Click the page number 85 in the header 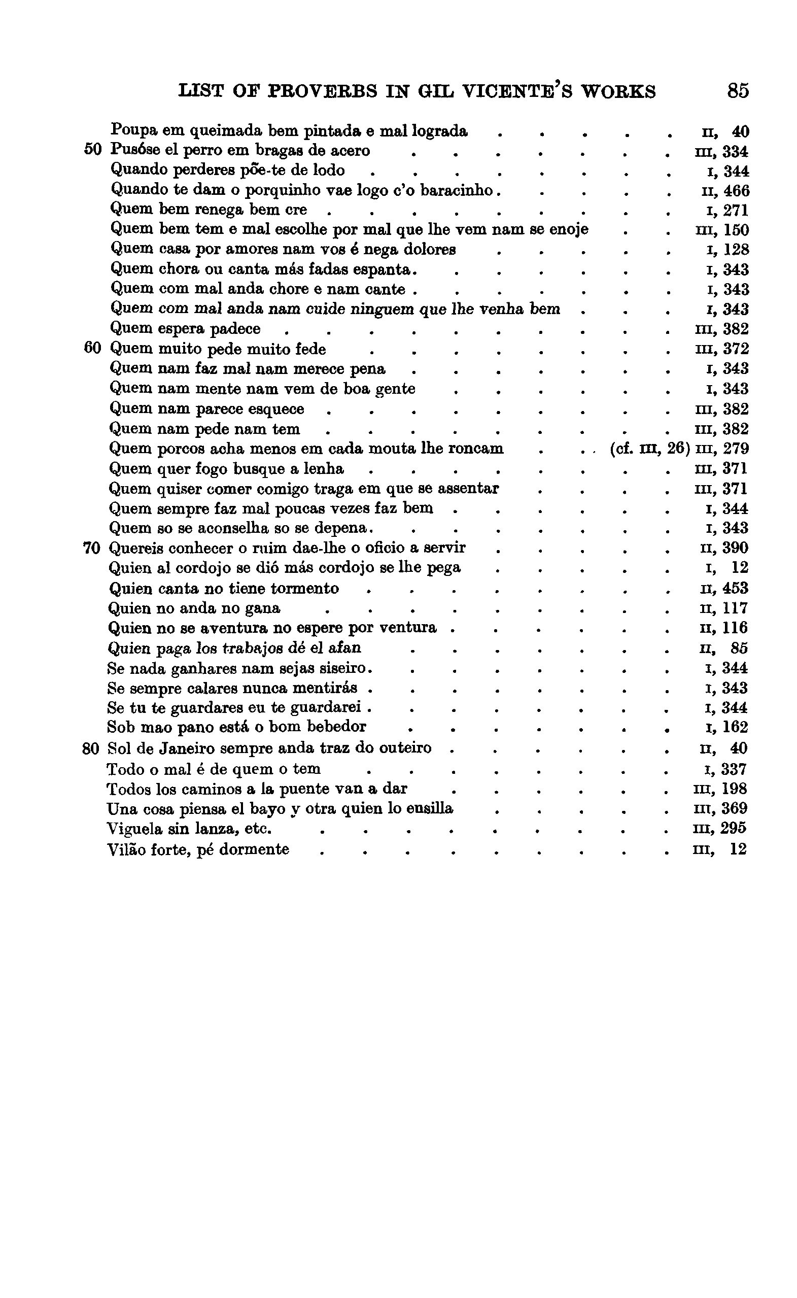point(738,91)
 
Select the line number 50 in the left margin point(92,150)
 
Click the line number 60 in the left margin point(92,349)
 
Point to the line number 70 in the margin point(91,549)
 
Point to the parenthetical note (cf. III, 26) point(649,449)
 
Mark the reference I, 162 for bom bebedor point(726,728)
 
